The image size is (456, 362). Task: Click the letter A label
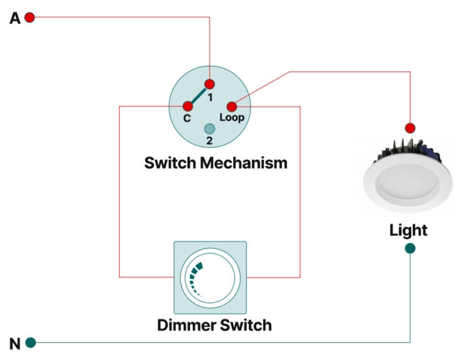tap(15, 18)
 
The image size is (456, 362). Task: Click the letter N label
tap(15, 343)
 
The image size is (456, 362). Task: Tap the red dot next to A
tap(29, 18)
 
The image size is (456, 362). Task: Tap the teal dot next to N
tap(30, 342)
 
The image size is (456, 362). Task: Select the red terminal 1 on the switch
tap(209, 84)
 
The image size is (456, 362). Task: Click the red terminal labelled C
tap(188, 106)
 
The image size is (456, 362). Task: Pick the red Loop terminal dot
tap(231, 107)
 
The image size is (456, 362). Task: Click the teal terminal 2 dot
tap(210, 128)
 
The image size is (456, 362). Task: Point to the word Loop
tap(232, 118)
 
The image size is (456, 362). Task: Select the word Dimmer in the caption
tap(188, 324)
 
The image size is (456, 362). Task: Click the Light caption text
tap(408, 230)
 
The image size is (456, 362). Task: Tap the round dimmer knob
tap(210, 277)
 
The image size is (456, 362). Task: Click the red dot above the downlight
tap(410, 128)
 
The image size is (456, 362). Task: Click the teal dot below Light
tap(410, 248)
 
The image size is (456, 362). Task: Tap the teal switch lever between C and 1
tap(198, 95)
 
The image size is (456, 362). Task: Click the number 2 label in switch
tap(210, 139)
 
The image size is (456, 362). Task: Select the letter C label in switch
tap(187, 118)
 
